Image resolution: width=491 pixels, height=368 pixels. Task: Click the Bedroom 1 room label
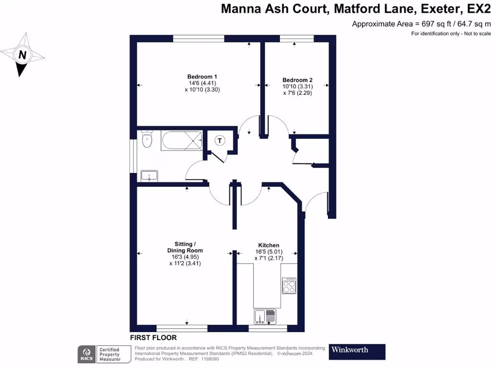pos(202,77)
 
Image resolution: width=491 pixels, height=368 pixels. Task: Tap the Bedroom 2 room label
pos(297,80)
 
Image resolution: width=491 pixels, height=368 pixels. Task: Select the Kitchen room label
pos(269,245)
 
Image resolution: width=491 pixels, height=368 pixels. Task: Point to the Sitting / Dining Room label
pos(185,247)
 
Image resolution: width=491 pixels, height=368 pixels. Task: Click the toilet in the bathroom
pos(147,140)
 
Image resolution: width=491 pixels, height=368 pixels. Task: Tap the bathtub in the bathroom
pos(181,140)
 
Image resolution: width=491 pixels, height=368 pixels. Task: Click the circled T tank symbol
pos(220,140)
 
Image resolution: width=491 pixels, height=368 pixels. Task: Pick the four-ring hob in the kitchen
pos(289,286)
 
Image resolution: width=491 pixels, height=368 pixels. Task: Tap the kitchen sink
pos(265,316)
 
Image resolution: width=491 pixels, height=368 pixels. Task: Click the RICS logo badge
pos(86,354)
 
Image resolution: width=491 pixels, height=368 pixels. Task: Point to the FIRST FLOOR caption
pos(153,338)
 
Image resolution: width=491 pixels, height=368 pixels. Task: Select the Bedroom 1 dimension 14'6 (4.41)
pos(202,83)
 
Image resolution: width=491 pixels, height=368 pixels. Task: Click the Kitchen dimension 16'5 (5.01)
pos(269,252)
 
